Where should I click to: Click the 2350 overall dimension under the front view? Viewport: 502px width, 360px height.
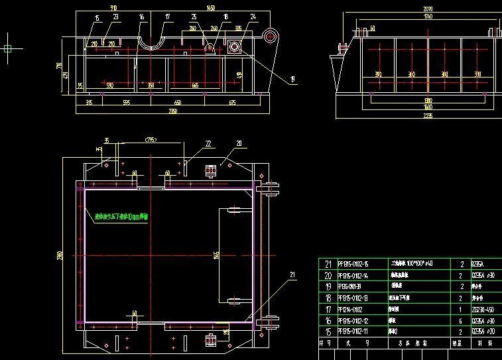172,111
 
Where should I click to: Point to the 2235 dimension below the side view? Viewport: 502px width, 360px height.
409,116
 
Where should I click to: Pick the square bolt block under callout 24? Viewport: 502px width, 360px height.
233,46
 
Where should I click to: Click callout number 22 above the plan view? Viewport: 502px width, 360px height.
208,143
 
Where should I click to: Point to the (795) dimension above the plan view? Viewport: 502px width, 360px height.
151,139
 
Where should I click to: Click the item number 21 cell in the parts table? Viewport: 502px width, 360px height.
328,264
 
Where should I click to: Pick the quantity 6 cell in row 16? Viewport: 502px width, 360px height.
461,320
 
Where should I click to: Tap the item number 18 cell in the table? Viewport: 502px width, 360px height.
328,298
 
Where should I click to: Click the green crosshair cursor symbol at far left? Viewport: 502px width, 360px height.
8,48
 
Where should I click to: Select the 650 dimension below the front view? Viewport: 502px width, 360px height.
178,102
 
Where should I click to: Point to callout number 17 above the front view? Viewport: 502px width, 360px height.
167,16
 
